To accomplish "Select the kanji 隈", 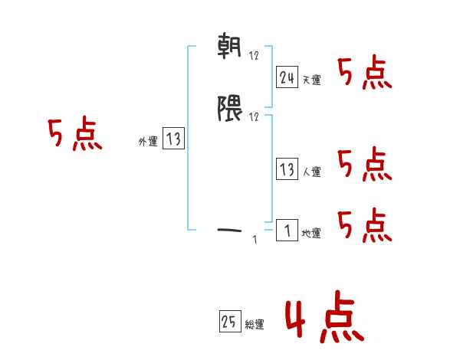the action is coord(230,110).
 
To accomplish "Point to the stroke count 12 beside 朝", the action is coord(255,57).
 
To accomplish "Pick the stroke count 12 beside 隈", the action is coord(255,116).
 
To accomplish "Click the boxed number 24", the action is coord(287,77).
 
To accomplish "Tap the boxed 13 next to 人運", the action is coord(287,169).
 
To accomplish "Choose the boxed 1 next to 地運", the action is coord(287,231).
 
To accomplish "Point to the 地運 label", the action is coord(311,234).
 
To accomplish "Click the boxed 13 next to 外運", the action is coord(173,139).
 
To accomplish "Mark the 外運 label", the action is coord(147,142).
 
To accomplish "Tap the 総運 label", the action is coord(255,325).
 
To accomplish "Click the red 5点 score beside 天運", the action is coord(365,74).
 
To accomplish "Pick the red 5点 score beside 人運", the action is coord(365,165).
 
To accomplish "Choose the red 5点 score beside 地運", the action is coord(365,225).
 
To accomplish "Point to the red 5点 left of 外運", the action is coord(75,136).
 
